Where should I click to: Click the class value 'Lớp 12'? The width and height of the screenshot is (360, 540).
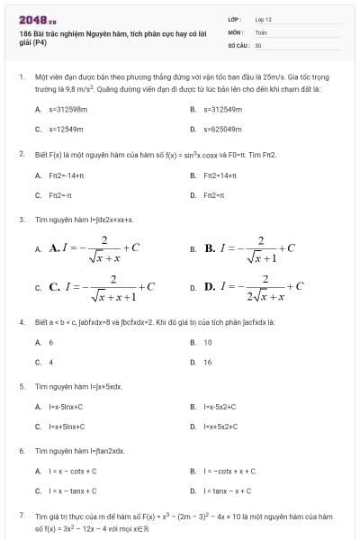pyautogui.click(x=263, y=19)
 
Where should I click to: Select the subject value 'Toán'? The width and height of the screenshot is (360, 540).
pyautogui.click(x=261, y=31)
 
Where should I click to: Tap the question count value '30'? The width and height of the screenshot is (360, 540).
pyautogui.click(x=258, y=44)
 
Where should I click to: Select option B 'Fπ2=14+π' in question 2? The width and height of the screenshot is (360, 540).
pyautogui.click(x=220, y=175)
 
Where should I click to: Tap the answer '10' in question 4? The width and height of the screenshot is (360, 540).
pyautogui.click(x=208, y=342)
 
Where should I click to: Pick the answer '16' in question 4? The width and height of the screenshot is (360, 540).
pyautogui.click(x=208, y=362)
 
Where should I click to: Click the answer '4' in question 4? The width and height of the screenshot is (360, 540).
pyautogui.click(x=51, y=362)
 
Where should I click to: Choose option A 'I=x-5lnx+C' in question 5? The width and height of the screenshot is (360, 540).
pyautogui.click(x=66, y=407)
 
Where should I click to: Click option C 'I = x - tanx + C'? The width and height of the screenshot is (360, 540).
pyautogui.click(x=73, y=491)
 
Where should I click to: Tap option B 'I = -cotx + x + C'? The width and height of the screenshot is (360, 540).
pyautogui.click(x=229, y=471)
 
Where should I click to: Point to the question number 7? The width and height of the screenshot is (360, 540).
pyautogui.click(x=21, y=516)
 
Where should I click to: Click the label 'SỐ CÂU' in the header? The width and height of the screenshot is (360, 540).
pyautogui.click(x=238, y=44)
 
